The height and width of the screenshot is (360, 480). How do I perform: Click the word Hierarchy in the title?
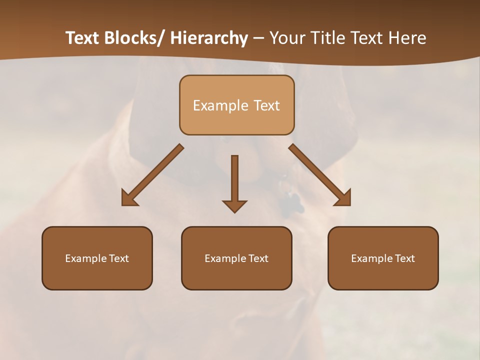[x=209, y=38]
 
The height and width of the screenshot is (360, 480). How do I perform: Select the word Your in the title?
[x=288, y=38]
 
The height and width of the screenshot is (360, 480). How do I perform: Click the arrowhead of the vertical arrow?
[x=234, y=206]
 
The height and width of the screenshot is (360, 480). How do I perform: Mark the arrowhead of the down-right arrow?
[x=344, y=199]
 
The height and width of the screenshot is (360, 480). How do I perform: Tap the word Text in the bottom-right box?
[x=404, y=258]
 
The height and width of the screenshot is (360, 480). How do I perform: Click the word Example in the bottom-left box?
[x=86, y=258]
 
